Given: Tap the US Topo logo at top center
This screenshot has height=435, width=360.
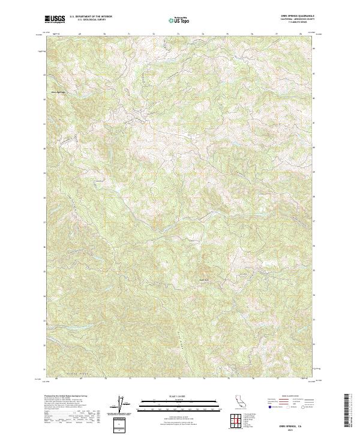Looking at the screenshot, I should point(181,20).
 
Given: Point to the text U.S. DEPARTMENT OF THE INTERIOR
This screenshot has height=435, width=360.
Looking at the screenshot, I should point(91,17).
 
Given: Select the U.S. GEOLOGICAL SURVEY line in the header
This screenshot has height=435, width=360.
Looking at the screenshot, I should point(91,20).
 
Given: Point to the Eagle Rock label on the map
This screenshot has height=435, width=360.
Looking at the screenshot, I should point(205,278).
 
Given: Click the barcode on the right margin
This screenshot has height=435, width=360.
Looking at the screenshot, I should point(347,412).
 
